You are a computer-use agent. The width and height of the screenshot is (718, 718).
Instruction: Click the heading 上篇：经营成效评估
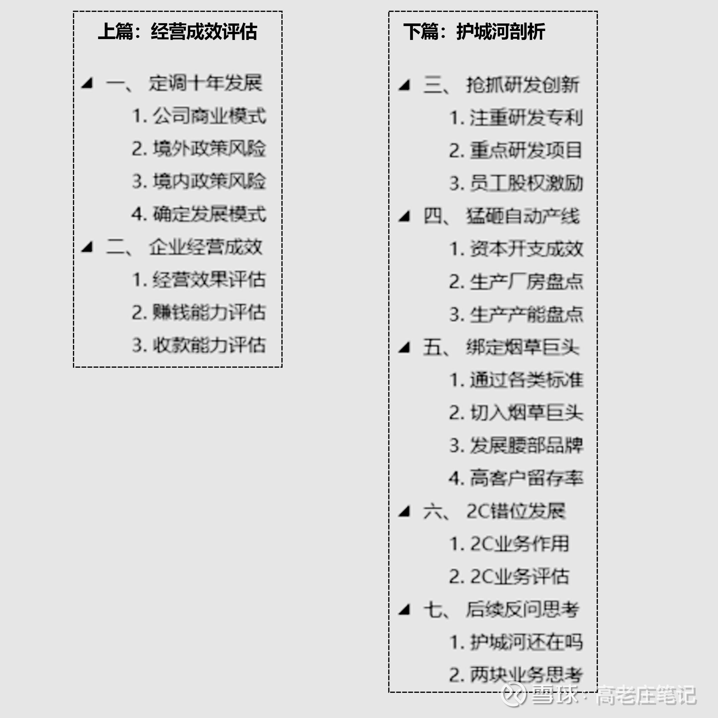click(x=178, y=31)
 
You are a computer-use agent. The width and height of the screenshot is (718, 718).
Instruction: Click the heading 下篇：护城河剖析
click(x=474, y=31)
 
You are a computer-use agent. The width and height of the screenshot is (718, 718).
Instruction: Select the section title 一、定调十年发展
click(x=184, y=83)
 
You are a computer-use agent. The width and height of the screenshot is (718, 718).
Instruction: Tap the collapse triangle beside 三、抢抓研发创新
click(x=404, y=85)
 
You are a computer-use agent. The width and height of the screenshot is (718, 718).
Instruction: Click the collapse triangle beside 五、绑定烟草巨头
click(x=404, y=347)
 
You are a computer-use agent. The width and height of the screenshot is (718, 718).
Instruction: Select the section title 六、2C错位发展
click(x=494, y=511)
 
